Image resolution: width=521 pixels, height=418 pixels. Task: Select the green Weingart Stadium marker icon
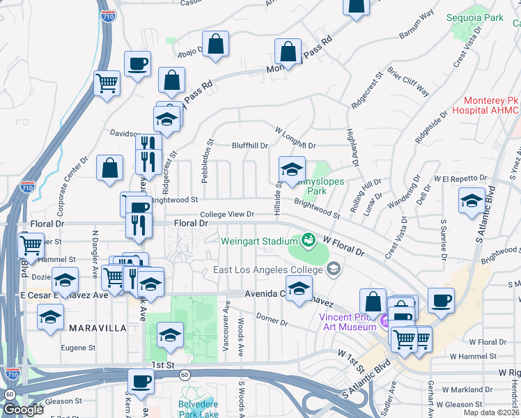(307, 240)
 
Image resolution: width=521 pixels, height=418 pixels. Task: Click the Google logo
(23, 410)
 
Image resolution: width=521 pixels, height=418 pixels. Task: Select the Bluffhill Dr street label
(250, 146)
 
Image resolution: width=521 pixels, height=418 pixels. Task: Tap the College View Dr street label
(227, 215)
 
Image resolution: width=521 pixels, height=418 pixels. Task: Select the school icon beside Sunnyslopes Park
(292, 169)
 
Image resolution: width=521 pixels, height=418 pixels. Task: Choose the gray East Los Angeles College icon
(334, 268)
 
